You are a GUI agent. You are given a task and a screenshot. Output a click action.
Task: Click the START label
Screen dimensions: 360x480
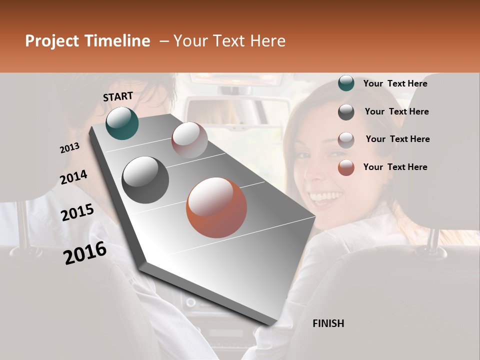(x=118, y=96)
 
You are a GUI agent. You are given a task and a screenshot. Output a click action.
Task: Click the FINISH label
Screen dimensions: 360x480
(x=328, y=323)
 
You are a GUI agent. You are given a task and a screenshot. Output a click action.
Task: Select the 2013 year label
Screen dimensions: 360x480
(x=69, y=148)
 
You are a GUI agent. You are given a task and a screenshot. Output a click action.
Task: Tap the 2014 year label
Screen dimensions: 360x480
(x=73, y=177)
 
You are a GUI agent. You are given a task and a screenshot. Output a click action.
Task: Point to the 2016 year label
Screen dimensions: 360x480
(x=85, y=253)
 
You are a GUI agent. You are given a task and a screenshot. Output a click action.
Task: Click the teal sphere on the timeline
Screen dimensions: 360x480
(x=122, y=123)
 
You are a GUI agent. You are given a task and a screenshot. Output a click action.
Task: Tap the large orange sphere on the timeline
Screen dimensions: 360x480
(x=216, y=207)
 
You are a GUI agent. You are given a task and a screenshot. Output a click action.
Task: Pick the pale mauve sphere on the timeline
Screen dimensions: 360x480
(x=189, y=140)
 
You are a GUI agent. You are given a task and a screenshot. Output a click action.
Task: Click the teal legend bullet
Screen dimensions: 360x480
(x=346, y=83)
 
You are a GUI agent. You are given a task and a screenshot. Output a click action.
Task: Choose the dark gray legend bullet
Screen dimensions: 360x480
(x=346, y=112)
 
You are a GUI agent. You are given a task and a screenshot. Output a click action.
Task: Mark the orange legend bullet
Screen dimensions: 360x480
(x=346, y=167)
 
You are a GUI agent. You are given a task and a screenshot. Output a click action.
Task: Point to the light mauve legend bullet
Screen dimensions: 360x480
(x=346, y=139)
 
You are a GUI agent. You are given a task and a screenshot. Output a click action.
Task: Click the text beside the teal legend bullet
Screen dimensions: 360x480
(x=395, y=83)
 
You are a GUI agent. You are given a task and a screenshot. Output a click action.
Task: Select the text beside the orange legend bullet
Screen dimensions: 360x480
(x=395, y=167)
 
